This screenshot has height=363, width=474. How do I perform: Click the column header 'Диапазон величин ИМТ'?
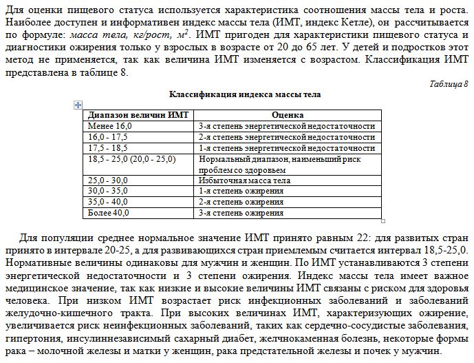click(131, 115)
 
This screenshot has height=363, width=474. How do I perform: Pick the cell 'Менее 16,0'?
click(110, 126)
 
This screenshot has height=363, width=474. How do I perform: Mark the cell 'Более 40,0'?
click(109, 213)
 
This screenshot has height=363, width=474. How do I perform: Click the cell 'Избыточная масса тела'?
click(244, 180)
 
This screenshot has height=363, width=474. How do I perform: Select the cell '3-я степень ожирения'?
click(241, 213)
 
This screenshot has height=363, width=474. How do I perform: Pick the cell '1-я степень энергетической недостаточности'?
click(286, 148)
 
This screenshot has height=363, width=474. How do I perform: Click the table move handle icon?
click(77, 103)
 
